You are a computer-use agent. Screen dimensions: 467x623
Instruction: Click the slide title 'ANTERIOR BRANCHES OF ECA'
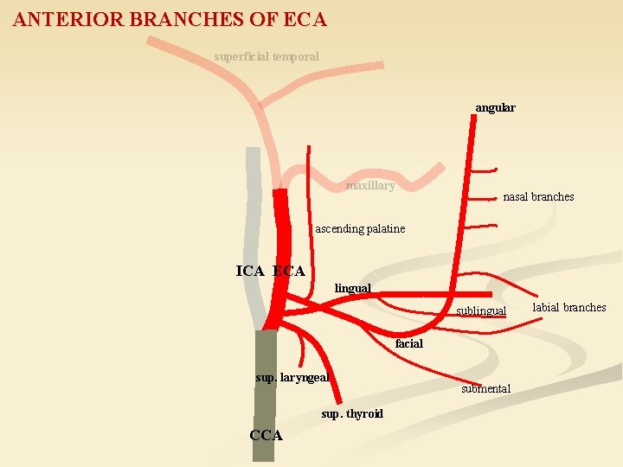click(170, 18)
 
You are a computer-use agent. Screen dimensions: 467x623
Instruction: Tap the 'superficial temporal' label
click(267, 56)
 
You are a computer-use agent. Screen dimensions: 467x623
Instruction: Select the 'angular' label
click(495, 108)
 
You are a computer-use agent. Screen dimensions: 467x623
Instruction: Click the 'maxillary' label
click(370, 186)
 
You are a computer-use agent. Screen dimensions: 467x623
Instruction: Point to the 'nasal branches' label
click(538, 197)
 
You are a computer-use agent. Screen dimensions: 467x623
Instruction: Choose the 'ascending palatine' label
click(360, 229)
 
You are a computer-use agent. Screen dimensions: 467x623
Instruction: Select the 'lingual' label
click(352, 288)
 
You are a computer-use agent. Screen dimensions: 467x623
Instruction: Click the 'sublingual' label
click(481, 310)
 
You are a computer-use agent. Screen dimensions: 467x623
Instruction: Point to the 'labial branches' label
click(569, 308)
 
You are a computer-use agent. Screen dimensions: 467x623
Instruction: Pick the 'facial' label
click(409, 344)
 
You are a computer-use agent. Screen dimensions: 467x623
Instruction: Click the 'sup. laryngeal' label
click(292, 377)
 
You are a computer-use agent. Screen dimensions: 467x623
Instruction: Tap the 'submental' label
click(485, 389)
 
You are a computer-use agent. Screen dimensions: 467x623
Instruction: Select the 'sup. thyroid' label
click(352, 414)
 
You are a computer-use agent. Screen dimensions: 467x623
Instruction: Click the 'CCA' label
click(266, 435)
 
